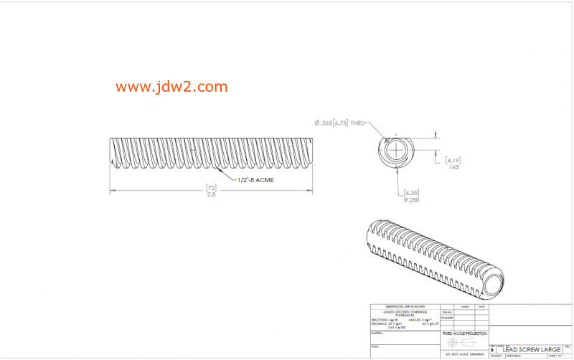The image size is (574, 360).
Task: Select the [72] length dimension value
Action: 212,187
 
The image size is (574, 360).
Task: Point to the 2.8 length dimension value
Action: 212,195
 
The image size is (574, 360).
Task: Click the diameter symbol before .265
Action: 316,123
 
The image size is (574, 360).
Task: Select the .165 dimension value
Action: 453,167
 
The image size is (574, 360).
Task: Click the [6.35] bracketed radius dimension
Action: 412,193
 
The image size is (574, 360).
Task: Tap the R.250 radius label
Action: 412,201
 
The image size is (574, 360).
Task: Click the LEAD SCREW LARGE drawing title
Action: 532,349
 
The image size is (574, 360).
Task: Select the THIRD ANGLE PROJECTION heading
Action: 465,333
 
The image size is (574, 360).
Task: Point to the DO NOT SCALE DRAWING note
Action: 465,354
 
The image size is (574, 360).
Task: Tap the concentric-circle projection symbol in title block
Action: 452,342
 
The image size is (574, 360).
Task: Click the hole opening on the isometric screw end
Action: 494,286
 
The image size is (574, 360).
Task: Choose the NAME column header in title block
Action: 464,307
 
